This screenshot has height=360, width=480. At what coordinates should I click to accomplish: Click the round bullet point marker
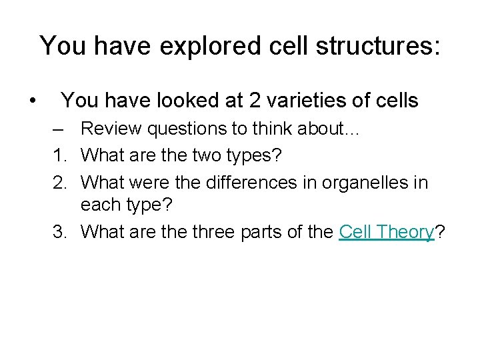(32, 101)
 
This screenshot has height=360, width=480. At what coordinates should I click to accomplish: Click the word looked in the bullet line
(204, 101)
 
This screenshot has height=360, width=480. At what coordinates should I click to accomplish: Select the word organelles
(357, 182)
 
